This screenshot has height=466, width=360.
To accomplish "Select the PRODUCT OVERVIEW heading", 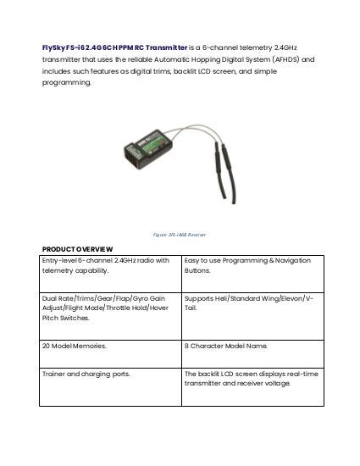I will click(x=77, y=248).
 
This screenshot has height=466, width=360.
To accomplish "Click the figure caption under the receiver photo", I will click(x=180, y=234).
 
